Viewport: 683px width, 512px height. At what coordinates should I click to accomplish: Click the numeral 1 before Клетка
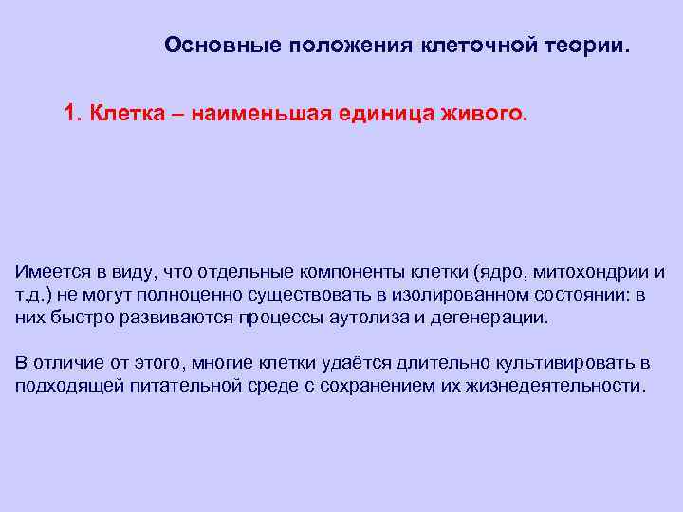point(69,114)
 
